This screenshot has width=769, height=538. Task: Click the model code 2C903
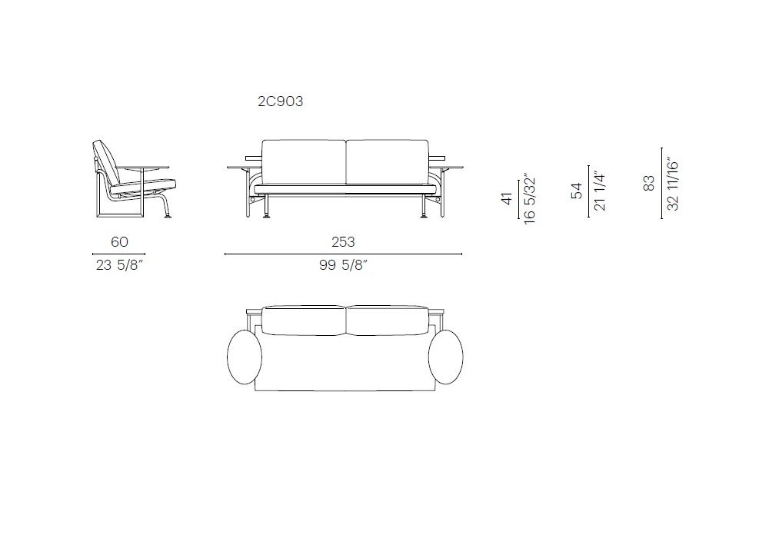click(x=281, y=101)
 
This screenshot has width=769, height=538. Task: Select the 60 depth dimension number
click(x=119, y=241)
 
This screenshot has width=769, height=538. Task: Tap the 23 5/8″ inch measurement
click(x=119, y=265)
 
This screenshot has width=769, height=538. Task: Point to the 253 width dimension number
click(x=343, y=241)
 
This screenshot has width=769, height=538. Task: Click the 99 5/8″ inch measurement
click(x=343, y=265)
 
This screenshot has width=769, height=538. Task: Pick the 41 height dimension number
click(x=507, y=198)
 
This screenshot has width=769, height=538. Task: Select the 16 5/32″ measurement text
click(x=530, y=198)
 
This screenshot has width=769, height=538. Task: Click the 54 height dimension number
click(x=578, y=191)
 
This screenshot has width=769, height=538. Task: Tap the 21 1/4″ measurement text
click(x=600, y=191)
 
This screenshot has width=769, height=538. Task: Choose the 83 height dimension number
click(x=649, y=183)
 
